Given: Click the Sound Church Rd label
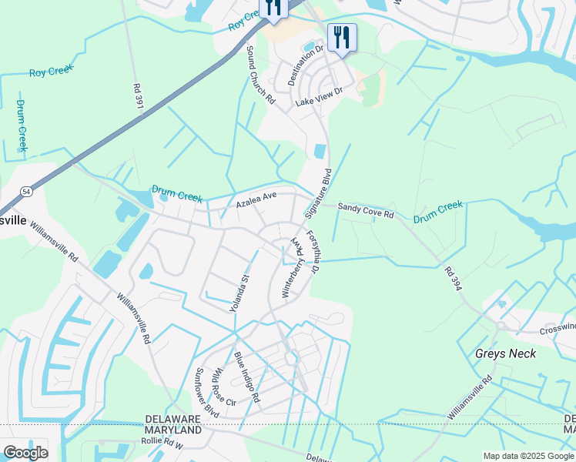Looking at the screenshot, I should tap(260, 74).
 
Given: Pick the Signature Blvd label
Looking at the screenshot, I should tap(319, 196).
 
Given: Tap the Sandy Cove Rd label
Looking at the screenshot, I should tap(365, 209).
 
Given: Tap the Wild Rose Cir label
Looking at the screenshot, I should tap(224, 386).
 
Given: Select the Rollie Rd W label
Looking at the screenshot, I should tap(162, 443).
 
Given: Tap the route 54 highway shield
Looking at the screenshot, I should tap(26, 190).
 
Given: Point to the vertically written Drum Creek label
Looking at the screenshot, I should tap(21, 125).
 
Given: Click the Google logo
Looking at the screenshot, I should tap(25, 452).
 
